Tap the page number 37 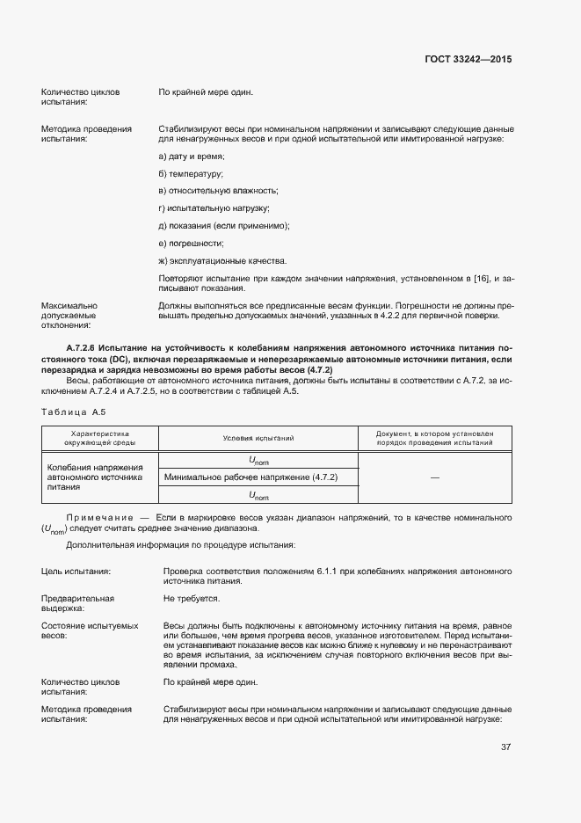(x=505, y=747)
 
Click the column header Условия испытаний (x=258, y=438)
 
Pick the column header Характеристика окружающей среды (x=99, y=438)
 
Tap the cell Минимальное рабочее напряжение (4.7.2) (x=251, y=477)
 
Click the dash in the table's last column (x=434, y=477)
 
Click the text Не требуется (x=191, y=598)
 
